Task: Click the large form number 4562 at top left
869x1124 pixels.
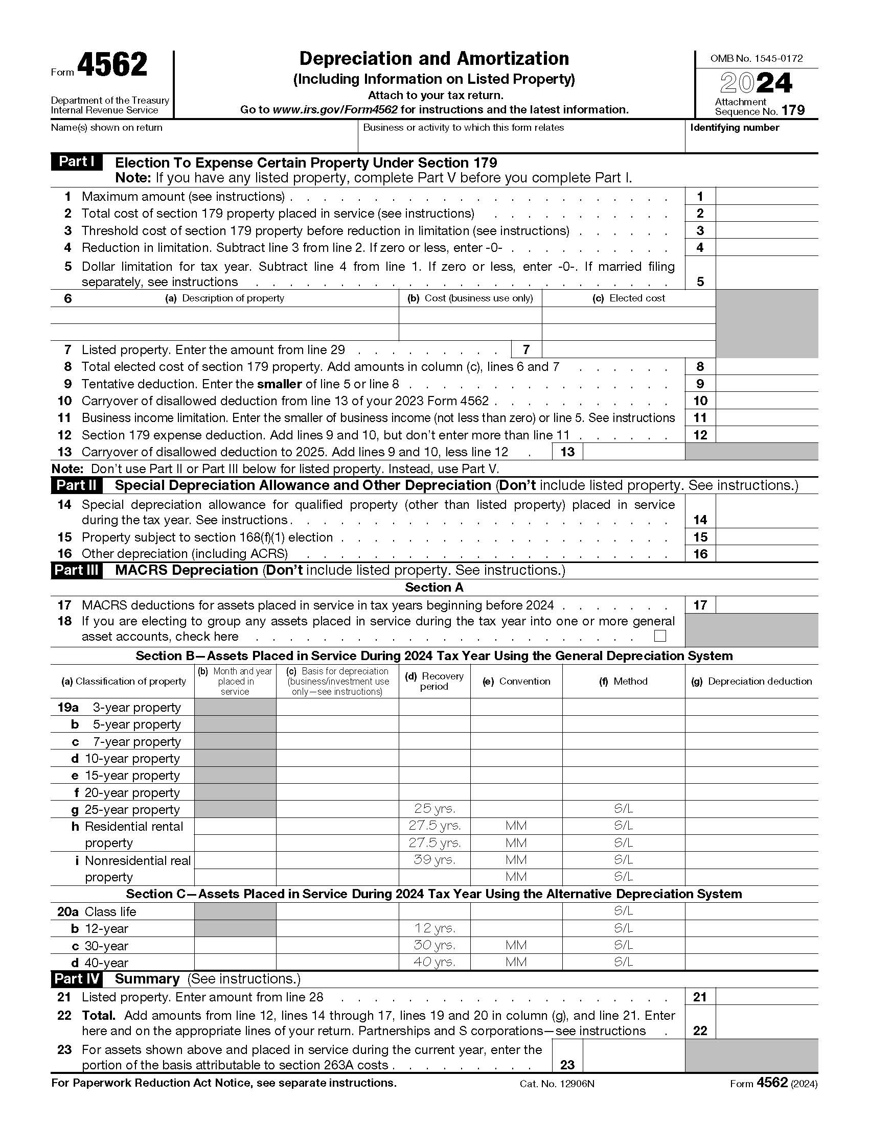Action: coord(112,65)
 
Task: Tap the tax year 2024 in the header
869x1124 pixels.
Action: coord(756,83)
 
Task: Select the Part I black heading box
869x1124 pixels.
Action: coord(76,161)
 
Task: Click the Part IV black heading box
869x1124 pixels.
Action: coord(76,978)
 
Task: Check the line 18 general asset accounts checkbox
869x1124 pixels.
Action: coord(659,636)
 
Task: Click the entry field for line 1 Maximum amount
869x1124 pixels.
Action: coord(766,196)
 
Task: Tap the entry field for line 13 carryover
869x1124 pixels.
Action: coord(633,452)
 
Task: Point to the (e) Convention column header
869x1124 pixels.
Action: coord(516,681)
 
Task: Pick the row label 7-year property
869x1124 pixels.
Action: coord(136,741)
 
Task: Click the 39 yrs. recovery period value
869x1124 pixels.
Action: coord(434,859)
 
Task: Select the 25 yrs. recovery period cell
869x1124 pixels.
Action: coord(434,809)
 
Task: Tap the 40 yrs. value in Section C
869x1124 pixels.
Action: coord(434,962)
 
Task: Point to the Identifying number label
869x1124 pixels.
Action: coord(734,128)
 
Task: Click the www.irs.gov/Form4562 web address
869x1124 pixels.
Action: coord(335,110)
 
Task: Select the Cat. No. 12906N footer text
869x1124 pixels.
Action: coord(557,1083)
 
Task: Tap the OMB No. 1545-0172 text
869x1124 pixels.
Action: coord(756,59)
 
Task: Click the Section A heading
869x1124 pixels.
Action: coord(434,587)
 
